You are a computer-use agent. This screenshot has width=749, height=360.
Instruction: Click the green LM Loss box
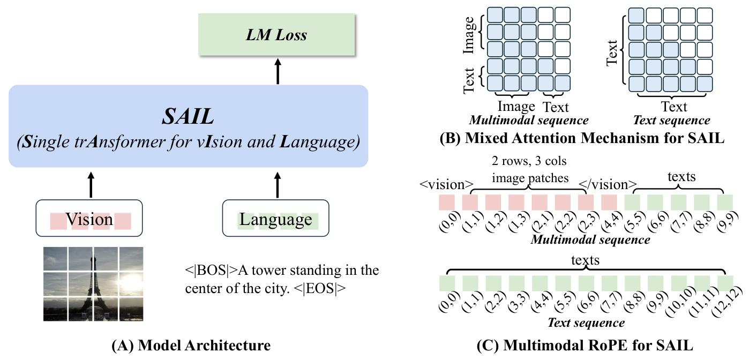click(276, 35)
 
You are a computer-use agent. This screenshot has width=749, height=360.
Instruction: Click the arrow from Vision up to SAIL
click(90, 184)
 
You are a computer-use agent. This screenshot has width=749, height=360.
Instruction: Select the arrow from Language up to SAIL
click(277, 184)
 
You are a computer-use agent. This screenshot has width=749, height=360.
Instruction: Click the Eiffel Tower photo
click(93, 284)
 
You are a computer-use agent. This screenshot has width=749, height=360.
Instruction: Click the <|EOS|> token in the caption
click(320, 288)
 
